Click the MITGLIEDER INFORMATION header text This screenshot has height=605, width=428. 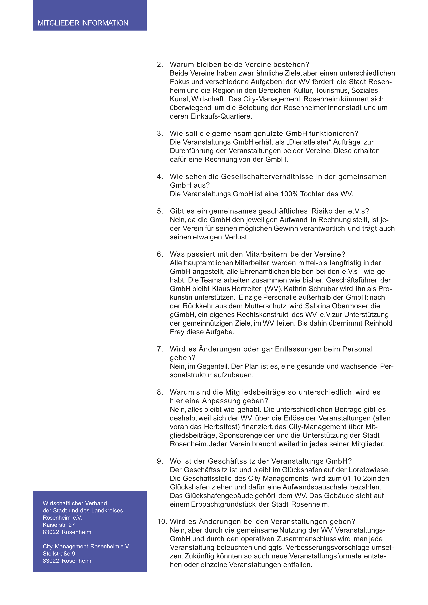click(x=83, y=23)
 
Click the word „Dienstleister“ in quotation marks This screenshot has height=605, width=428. click(x=308, y=142)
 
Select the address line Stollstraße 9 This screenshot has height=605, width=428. click(x=59, y=554)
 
